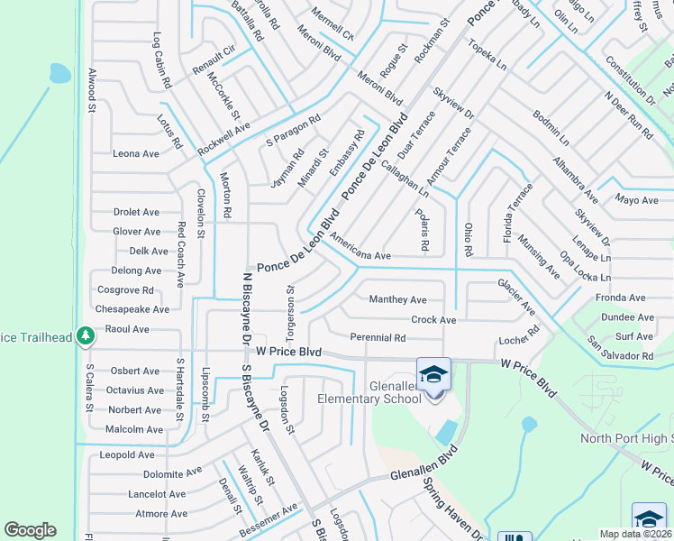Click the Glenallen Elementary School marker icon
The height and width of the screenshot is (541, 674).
433,374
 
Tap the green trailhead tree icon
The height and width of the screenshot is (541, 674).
86,335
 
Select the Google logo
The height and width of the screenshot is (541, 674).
30,530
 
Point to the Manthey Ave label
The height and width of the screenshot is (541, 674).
397,299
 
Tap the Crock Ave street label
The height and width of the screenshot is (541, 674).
433,319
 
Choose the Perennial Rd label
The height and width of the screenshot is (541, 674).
378,338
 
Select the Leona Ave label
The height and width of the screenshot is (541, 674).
136,153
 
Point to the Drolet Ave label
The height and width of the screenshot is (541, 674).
136,212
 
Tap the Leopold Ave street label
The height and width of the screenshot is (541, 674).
127,454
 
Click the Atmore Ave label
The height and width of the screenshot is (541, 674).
159,514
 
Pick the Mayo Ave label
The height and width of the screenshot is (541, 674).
637,200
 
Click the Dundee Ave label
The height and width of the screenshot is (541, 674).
627,317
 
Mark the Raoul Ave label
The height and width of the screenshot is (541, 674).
127,329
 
